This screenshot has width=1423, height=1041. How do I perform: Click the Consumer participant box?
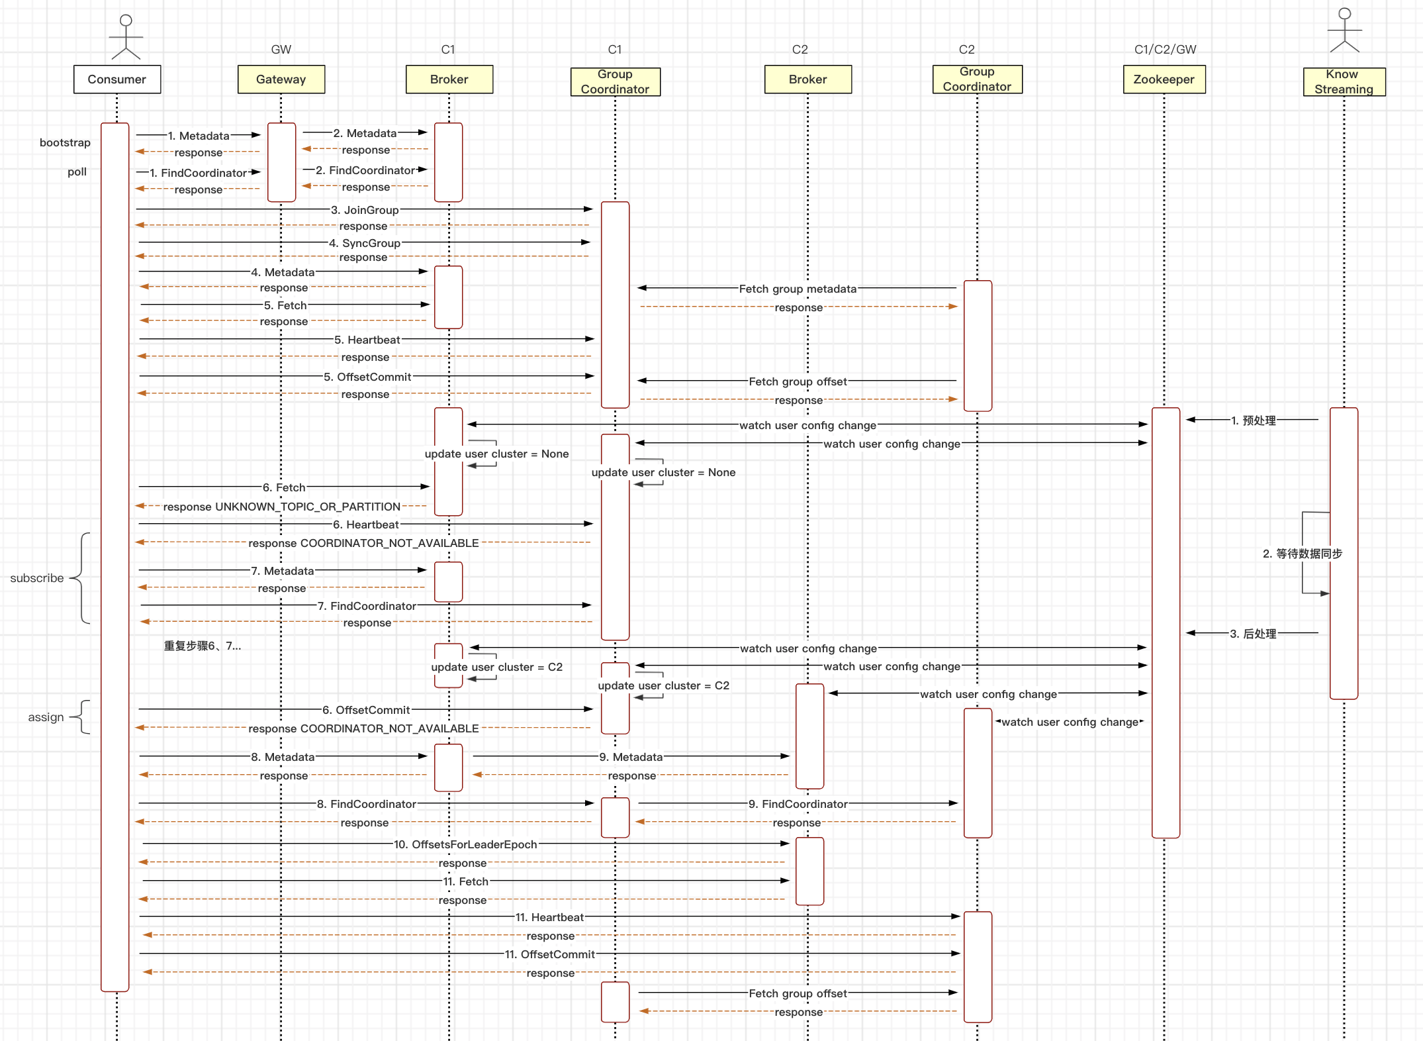pos(117,79)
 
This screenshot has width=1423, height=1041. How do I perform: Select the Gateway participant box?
pos(281,79)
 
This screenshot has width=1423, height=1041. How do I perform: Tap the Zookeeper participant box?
pos(1164,79)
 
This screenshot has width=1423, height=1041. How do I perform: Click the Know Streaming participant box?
pos(1344,82)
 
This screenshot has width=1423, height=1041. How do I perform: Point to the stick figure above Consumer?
pos(126,36)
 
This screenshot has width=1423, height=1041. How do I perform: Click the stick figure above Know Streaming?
pos(1344,30)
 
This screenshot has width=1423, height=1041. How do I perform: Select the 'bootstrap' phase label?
pos(65,143)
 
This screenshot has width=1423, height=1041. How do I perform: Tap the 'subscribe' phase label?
pos(37,578)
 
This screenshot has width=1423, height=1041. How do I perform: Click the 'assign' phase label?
pos(46,717)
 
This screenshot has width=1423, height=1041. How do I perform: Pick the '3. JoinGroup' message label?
pos(365,210)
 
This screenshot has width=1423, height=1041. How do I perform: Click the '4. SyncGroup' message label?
pos(365,243)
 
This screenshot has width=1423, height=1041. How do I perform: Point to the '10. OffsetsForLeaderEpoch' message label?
pos(465,844)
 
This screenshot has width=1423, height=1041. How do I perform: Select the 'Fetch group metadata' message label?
pos(798,289)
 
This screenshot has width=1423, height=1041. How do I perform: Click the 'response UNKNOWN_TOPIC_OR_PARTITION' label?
pos(281,507)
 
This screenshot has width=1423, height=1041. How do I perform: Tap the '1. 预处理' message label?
pos(1254,421)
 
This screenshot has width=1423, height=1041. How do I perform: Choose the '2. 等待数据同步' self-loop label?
pos(1302,554)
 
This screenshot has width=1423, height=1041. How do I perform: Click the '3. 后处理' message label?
pos(1254,634)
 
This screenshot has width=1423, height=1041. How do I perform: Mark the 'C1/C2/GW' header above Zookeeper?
pos(1165,50)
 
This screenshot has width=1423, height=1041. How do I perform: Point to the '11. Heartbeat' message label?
pos(549,917)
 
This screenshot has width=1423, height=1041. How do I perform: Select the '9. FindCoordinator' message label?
pos(798,804)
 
